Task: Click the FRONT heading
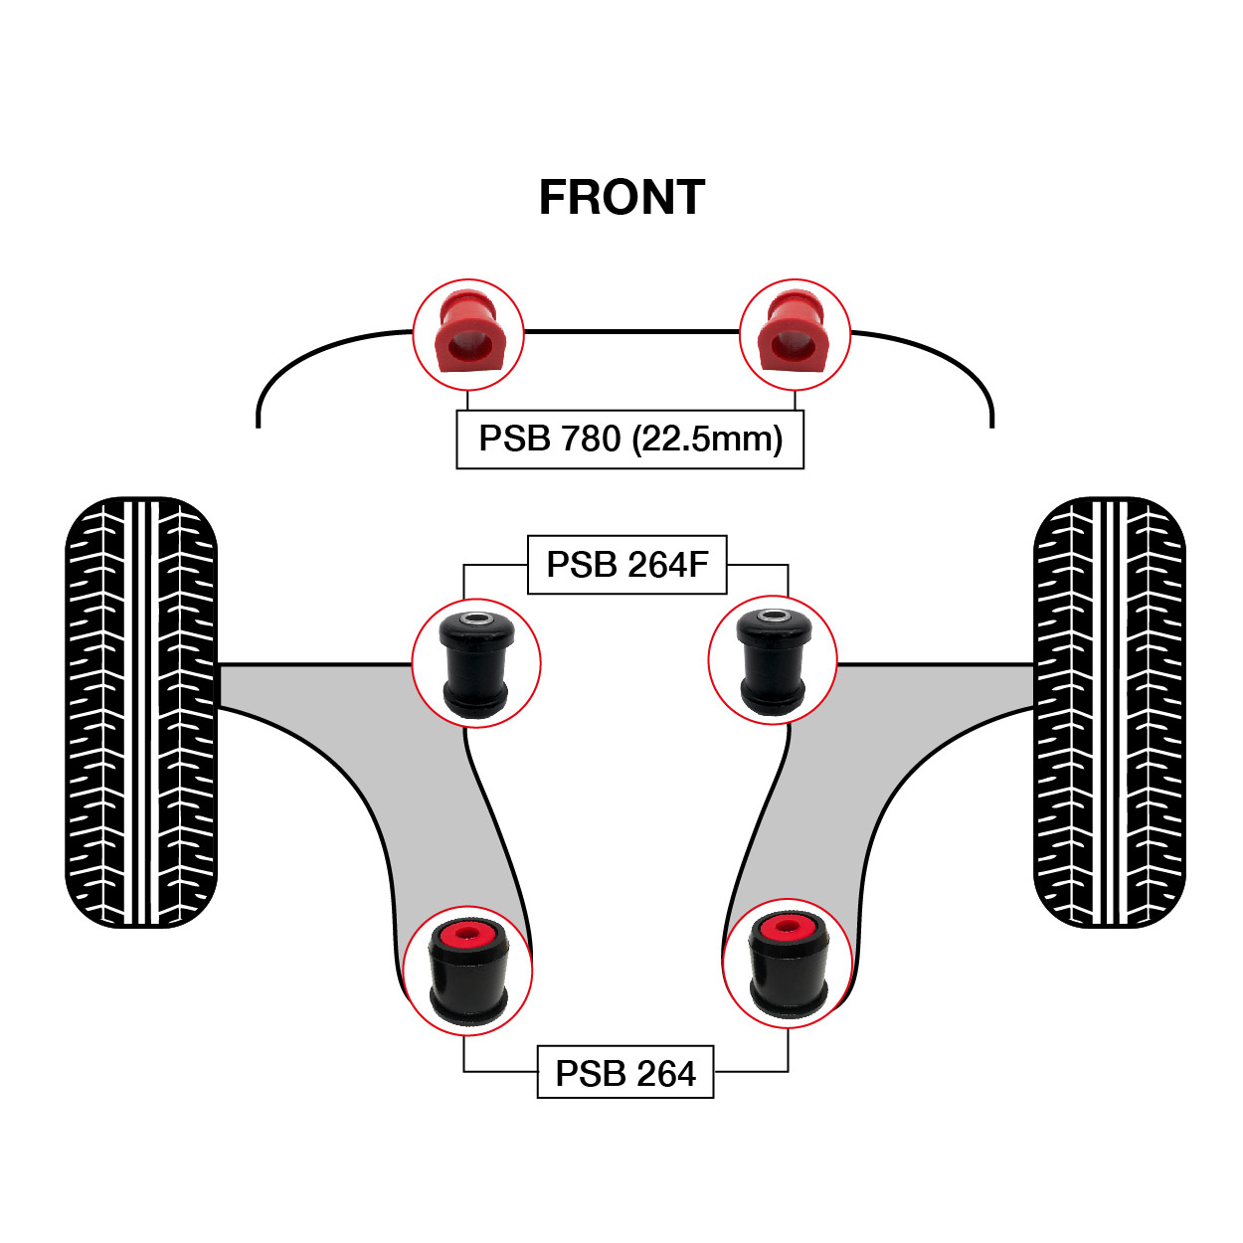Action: tap(621, 198)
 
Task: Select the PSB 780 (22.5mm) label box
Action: tap(629, 440)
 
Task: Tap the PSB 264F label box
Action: tap(626, 565)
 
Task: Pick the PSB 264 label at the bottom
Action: tap(624, 1073)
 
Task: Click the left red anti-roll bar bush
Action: tap(467, 334)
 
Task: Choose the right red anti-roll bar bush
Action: tap(794, 334)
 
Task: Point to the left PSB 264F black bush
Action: tap(475, 662)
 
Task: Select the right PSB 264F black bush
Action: tap(773, 660)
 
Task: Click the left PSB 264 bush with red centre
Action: tap(467, 971)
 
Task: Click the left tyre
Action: tap(140, 712)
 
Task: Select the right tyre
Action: tap(1109, 712)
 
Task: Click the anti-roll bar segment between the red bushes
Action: tap(631, 331)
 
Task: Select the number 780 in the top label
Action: tap(591, 440)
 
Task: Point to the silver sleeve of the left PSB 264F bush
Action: tap(476, 619)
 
